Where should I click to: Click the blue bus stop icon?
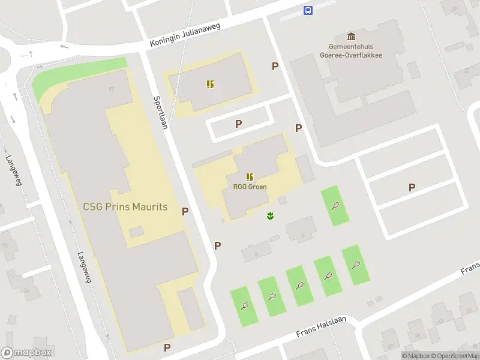(x=308, y=10)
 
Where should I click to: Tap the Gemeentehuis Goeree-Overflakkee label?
(x=355, y=50)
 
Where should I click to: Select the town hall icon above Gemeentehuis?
(x=352, y=36)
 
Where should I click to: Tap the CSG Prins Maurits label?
(x=125, y=208)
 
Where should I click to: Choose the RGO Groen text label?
(x=250, y=187)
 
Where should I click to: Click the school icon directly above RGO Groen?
(x=249, y=176)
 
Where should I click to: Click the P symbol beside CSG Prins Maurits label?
(x=185, y=211)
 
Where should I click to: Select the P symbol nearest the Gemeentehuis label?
(x=275, y=67)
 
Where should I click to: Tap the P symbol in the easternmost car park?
(x=412, y=187)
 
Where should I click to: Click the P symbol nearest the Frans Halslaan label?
(x=167, y=347)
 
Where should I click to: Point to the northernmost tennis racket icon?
(x=335, y=206)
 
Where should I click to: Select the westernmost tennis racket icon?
(x=245, y=306)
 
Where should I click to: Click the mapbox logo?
(x=26, y=353)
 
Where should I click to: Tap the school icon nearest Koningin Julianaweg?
(x=210, y=84)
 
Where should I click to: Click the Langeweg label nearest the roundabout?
(x=13, y=170)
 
